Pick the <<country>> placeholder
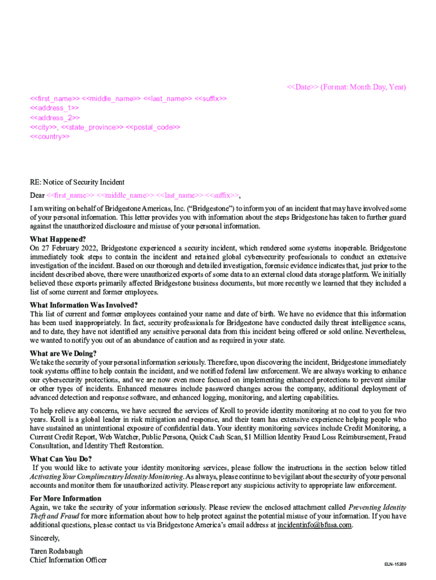(50, 137)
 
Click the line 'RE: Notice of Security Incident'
(77, 182)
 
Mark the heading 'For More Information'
(66, 498)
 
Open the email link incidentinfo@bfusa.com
(314, 525)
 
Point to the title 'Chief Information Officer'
(68, 560)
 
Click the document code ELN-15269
(395, 565)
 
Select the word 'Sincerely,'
(44, 538)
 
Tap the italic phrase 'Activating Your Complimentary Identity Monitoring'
(106, 477)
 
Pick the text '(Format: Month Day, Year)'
(364, 87)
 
